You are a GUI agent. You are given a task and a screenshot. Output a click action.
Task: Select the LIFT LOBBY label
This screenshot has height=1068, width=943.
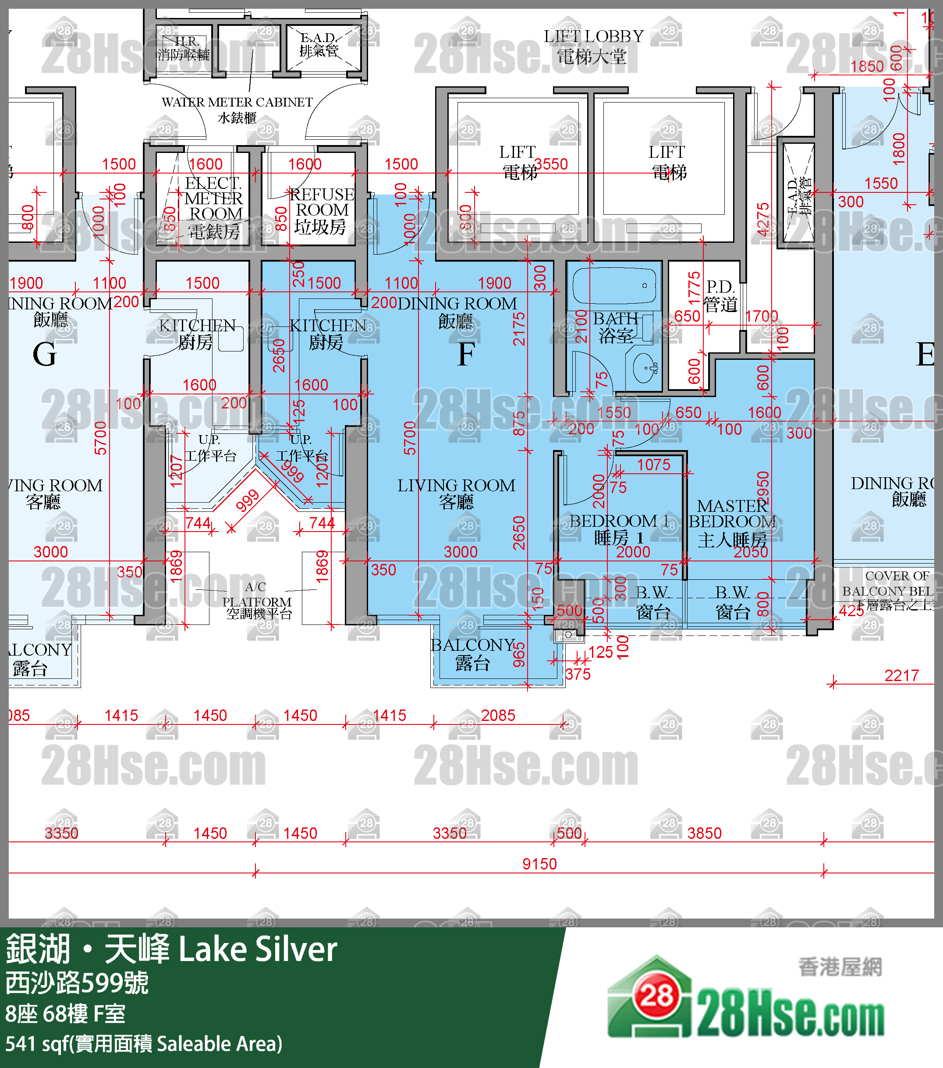(x=593, y=46)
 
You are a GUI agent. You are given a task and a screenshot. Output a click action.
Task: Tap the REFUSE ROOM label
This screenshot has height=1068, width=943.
(x=321, y=210)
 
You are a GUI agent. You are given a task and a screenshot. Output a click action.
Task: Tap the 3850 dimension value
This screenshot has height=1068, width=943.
(x=704, y=833)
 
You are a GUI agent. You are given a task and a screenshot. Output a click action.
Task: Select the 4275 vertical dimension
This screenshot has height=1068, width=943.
(x=763, y=220)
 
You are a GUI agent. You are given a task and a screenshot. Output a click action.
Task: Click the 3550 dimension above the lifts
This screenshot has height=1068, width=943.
(x=551, y=164)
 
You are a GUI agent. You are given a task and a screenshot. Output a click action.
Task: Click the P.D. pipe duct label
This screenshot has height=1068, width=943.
(x=720, y=295)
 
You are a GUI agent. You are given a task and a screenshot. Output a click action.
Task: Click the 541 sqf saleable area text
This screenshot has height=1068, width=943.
(x=144, y=1044)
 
